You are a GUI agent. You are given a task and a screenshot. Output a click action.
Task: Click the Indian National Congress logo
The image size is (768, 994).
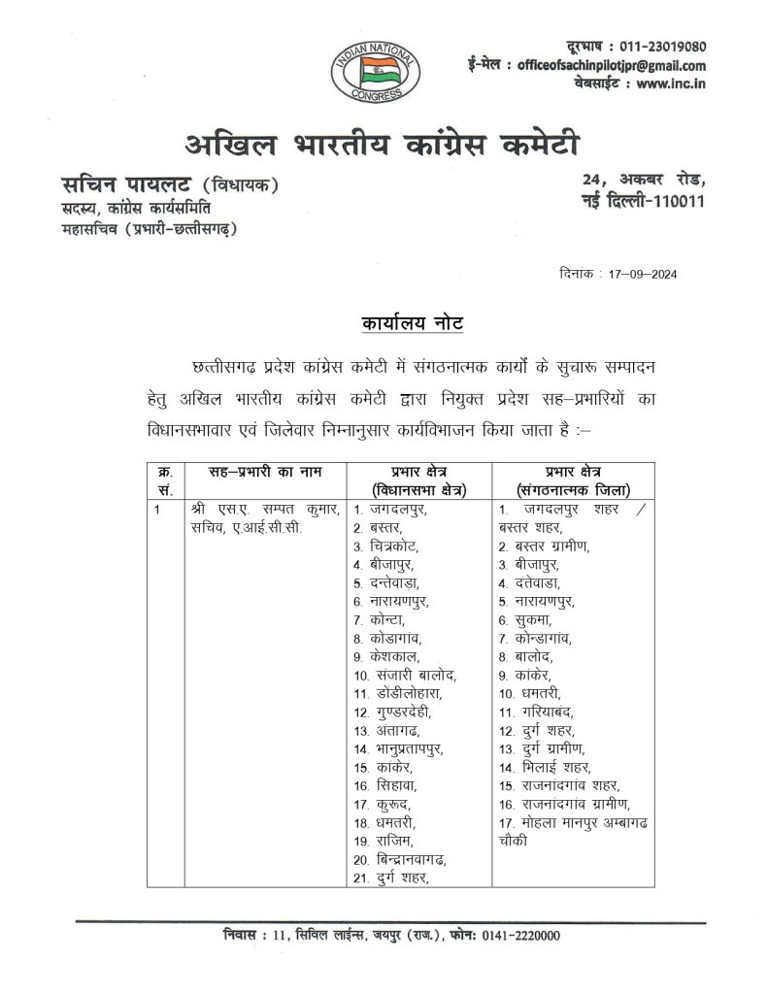click(374, 66)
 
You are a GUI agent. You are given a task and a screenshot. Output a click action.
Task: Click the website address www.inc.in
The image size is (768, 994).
click(671, 84)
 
